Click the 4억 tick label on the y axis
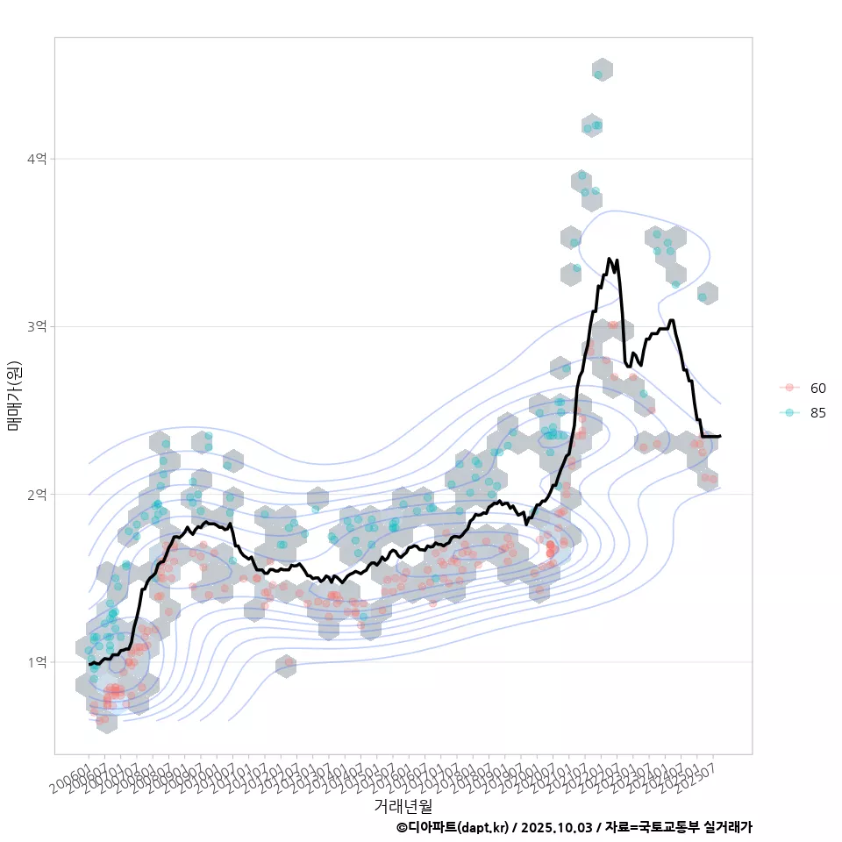pyautogui.click(x=38, y=159)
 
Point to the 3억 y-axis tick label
pyautogui.click(x=38, y=326)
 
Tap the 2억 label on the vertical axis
pyautogui.click(x=38, y=495)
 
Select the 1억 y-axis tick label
pyautogui.click(x=38, y=662)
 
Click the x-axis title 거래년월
pyautogui.click(x=403, y=805)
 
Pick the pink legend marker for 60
pyautogui.click(x=789, y=388)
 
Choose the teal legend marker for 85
pyautogui.click(x=789, y=413)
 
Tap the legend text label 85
pyautogui.click(x=818, y=413)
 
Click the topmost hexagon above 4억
pyautogui.click(x=602, y=70)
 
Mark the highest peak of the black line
pyautogui.click(x=610, y=259)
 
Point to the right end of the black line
pyautogui.click(x=720, y=436)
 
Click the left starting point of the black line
pyautogui.click(x=89, y=665)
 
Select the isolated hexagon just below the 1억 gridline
pyautogui.click(x=285, y=667)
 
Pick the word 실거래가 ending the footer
pyautogui.click(x=728, y=827)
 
